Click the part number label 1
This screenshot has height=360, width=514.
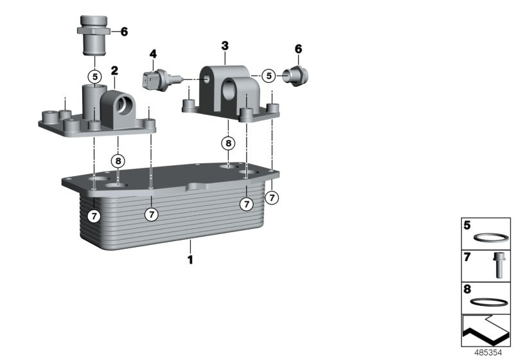click(190, 259)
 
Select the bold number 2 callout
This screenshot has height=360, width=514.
click(114, 71)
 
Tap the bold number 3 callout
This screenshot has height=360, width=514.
click(225, 46)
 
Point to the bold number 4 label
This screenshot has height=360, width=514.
click(153, 54)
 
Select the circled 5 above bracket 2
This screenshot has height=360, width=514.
click(94, 76)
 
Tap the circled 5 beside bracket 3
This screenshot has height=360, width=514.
click(269, 76)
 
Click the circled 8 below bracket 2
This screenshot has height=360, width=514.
click(118, 161)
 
